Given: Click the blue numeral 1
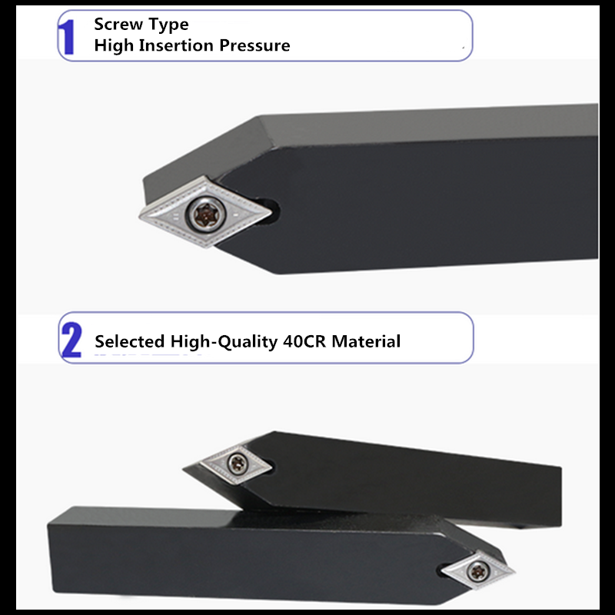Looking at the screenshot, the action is tap(68, 37).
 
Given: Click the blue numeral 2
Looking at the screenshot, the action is tap(71, 340).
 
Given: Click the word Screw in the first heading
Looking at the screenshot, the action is tap(118, 25).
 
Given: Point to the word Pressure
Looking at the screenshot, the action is tap(254, 45).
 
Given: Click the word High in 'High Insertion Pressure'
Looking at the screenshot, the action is tap(114, 45).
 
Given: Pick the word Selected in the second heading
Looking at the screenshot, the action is tap(129, 341).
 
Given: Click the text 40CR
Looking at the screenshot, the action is tap(304, 341).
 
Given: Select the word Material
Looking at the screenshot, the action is tap(366, 341).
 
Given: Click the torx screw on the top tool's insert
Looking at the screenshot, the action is tap(205, 214).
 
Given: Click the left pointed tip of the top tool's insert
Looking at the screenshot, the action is tap(140, 216).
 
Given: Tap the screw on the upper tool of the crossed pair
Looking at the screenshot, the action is tap(238, 464).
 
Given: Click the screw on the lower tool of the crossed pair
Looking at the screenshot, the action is tap(477, 571).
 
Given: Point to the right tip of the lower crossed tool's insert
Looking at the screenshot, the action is tap(514, 571).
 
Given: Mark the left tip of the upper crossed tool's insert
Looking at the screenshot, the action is tap(201, 463).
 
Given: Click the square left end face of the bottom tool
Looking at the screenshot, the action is tap(50, 557).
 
